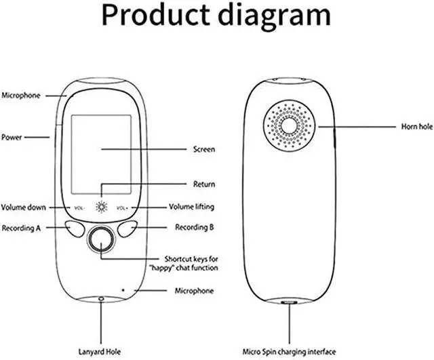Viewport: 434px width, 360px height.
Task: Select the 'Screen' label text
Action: (x=204, y=149)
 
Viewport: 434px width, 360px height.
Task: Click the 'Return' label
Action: (x=203, y=184)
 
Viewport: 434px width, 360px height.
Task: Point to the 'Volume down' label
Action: (x=23, y=207)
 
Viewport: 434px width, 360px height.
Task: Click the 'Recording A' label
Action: (x=22, y=228)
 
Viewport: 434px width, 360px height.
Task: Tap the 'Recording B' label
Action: (x=195, y=228)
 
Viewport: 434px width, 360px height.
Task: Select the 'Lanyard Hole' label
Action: (x=101, y=352)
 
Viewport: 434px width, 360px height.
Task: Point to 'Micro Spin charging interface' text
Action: (x=290, y=352)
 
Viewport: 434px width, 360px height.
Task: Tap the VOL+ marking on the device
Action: (x=122, y=207)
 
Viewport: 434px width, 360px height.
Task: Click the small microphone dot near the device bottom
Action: (x=123, y=288)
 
